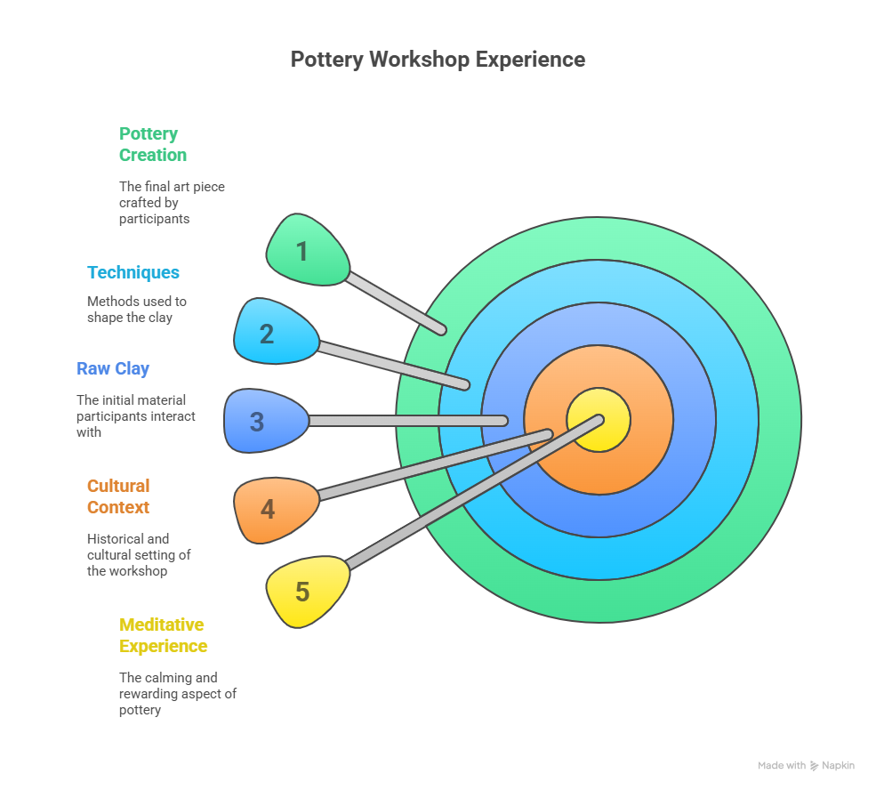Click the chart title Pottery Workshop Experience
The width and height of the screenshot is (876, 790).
pyautogui.click(x=438, y=60)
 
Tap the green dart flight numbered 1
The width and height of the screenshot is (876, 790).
pyautogui.click(x=306, y=250)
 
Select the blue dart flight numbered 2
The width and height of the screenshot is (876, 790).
pyautogui.click(x=275, y=331)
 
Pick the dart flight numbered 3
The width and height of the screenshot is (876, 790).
pyautogui.click(x=265, y=421)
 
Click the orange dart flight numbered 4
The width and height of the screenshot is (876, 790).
pyautogui.click(x=275, y=510)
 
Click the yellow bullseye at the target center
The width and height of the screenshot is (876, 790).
pyautogui.click(x=599, y=420)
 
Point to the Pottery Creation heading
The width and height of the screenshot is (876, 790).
pyautogui.click(x=152, y=144)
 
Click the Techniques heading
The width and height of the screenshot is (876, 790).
pyautogui.click(x=133, y=272)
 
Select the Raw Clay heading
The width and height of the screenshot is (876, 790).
pyautogui.click(x=113, y=368)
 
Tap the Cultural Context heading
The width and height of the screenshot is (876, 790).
pyautogui.click(x=118, y=496)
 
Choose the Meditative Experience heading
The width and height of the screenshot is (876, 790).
pyautogui.click(x=163, y=635)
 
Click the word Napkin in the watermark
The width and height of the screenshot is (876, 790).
pyautogui.click(x=838, y=765)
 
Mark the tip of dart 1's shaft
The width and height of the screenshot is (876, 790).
pyautogui.click(x=442, y=330)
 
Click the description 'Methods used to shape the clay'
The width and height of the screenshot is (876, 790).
pyautogui.click(x=137, y=310)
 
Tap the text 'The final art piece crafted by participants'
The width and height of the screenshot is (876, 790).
pyautogui.click(x=172, y=202)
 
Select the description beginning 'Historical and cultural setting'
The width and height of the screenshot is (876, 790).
pyautogui.click(x=139, y=555)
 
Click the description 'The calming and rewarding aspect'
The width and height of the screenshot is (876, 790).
pyautogui.click(x=178, y=693)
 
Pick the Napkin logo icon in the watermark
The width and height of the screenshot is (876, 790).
pyautogui.click(x=814, y=766)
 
